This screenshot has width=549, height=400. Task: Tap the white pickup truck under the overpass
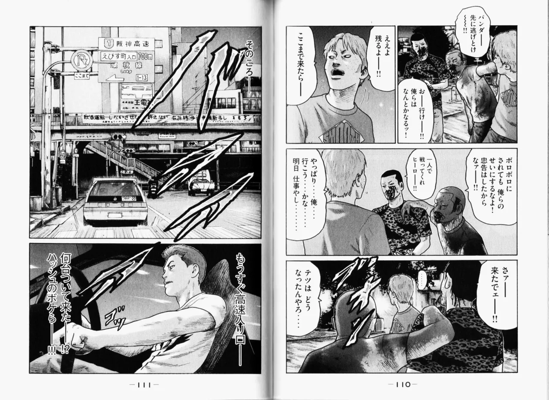[201, 185]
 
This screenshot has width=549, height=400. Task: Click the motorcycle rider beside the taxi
[152, 187]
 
